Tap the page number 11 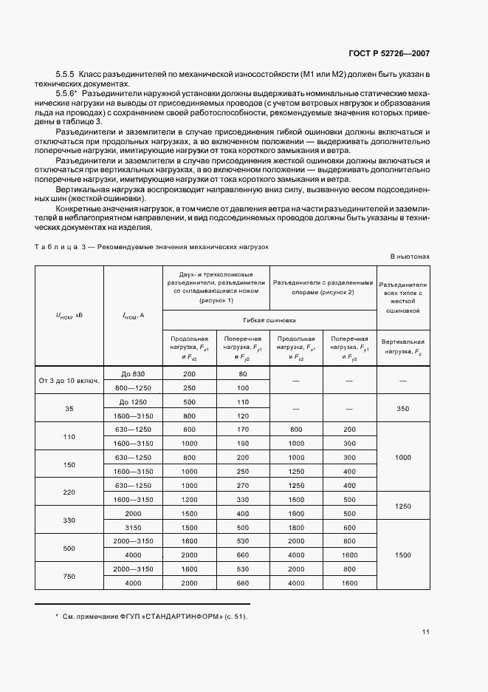(426, 632)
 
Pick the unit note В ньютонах (410, 257)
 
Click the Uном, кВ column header (69, 315)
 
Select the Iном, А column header (133, 315)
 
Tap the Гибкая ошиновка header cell (269, 320)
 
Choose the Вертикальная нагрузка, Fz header (403, 346)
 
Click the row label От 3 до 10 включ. (69, 381)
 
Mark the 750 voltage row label (69, 576)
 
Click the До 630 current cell (133, 374)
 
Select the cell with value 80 (242, 374)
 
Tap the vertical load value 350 (403, 409)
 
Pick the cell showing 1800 (296, 529)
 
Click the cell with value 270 (242, 485)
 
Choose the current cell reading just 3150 (133, 529)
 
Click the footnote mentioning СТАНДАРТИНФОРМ (151, 617)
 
